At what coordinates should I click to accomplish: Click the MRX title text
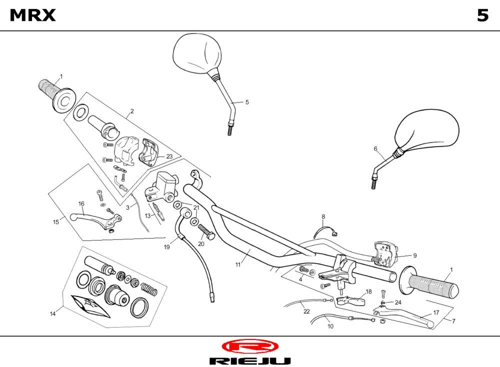coord(33,15)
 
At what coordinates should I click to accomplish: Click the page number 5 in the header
coord(482,15)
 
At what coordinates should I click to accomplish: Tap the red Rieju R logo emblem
coord(249,346)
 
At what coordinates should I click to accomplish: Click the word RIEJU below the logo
coord(249,360)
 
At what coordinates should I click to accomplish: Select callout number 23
coord(169,156)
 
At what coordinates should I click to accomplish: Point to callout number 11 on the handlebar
coord(238,264)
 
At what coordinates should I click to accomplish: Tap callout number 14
coord(52,313)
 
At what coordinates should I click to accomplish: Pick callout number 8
coord(323,216)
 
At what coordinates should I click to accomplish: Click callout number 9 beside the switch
coord(414,254)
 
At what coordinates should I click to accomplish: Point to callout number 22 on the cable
coord(306,311)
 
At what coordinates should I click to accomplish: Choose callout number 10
coord(330,326)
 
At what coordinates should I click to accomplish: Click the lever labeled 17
coord(410,318)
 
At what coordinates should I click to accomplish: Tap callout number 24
coord(398,302)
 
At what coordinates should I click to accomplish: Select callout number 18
coord(368,291)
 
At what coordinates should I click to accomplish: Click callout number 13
coord(147,215)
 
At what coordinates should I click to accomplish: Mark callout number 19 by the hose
coord(166,246)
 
